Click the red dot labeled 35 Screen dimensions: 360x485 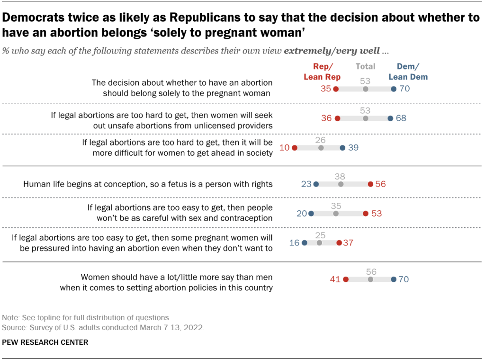click(x=336, y=89)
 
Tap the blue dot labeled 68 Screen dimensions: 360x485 click(x=390, y=118)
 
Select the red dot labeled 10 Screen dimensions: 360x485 click(x=294, y=148)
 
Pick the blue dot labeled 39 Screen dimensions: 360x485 click(x=342, y=148)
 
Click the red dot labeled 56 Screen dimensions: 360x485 click(x=370, y=184)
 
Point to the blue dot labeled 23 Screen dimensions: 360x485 click(x=316, y=184)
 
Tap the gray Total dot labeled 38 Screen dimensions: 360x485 click(x=341, y=184)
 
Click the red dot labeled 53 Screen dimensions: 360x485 click(x=365, y=214)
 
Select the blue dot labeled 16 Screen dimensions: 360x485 click(x=304, y=243)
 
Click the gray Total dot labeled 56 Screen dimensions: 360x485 click(x=370, y=279)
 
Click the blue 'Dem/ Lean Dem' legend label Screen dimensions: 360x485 click(x=408, y=72)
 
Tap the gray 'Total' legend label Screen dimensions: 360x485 click(x=365, y=67)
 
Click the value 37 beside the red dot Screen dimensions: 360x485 click(x=348, y=243)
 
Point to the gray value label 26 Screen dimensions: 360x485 click(x=321, y=140)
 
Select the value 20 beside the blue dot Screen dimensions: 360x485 click(x=301, y=214)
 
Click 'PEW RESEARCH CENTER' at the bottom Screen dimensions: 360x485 click(x=45, y=342)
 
